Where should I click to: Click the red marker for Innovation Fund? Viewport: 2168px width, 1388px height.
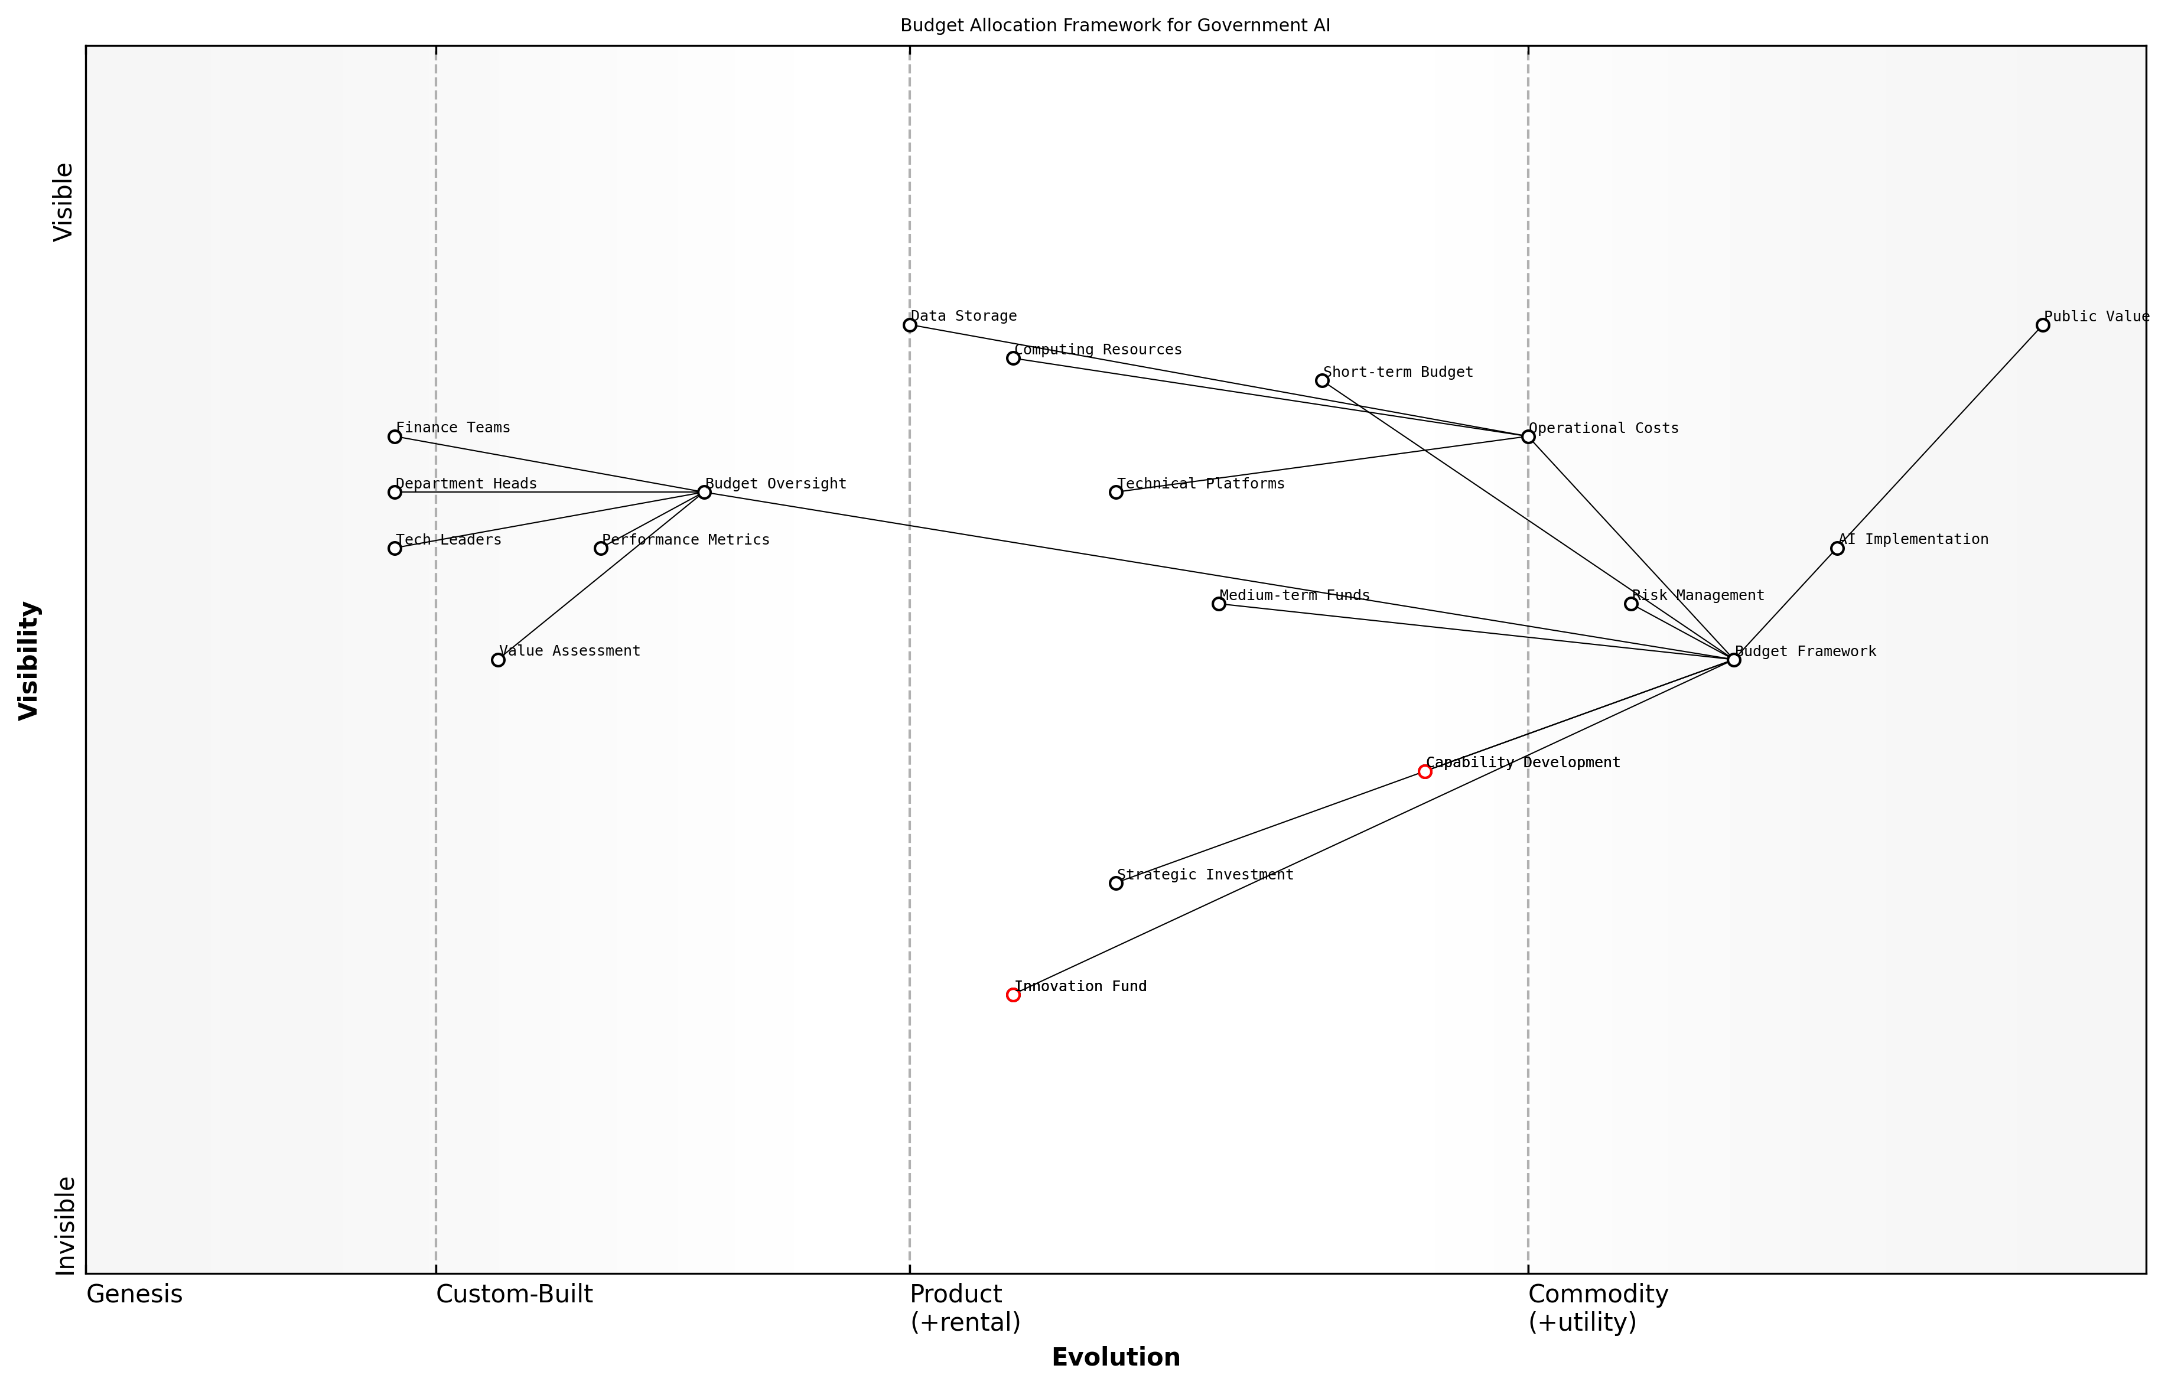(x=1013, y=995)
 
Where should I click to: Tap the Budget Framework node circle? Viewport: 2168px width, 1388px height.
(x=1733, y=660)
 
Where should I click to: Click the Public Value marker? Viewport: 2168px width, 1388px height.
(x=2043, y=325)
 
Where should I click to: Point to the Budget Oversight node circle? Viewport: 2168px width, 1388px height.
(x=704, y=492)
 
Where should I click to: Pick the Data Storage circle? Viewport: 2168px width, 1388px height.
(x=910, y=325)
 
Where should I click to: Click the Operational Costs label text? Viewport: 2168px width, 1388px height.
(x=1604, y=428)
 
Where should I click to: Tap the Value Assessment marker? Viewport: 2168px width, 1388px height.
(x=497, y=660)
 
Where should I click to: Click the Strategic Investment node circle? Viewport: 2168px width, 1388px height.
(x=1116, y=883)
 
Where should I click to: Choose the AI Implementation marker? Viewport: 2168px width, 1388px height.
(x=1837, y=548)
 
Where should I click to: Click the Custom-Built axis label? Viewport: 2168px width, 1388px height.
(x=514, y=1294)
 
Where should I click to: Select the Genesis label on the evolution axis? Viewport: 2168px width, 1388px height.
(x=134, y=1294)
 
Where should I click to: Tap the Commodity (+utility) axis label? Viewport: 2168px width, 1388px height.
(x=1597, y=1308)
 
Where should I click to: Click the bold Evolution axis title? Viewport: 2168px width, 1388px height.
(x=1115, y=1357)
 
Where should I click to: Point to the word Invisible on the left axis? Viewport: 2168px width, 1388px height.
(x=65, y=1225)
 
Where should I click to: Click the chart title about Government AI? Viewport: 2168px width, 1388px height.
(x=1115, y=25)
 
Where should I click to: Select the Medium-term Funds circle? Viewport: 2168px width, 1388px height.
(x=1219, y=604)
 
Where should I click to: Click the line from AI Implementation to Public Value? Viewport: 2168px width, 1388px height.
(x=1940, y=437)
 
